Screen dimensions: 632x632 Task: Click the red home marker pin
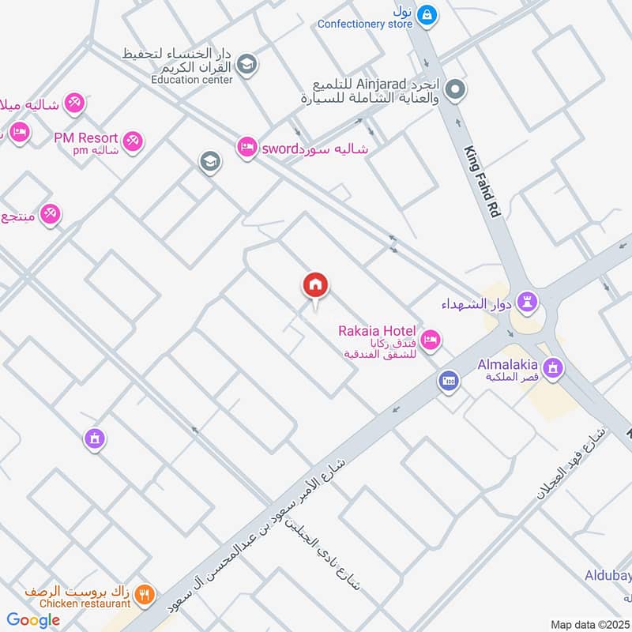(x=315, y=285)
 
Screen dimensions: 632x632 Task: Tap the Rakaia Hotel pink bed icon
(x=431, y=340)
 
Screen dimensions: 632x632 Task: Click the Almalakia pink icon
(x=554, y=367)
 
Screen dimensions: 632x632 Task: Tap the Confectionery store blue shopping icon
(x=427, y=13)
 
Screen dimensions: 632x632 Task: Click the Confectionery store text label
(x=365, y=24)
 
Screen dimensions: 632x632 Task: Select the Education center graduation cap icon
(x=247, y=64)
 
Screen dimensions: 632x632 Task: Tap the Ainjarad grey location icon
(x=454, y=91)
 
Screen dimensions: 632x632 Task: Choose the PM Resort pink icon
(x=132, y=141)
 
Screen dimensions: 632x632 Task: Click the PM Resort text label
(x=85, y=137)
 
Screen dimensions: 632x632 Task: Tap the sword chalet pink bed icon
(x=247, y=148)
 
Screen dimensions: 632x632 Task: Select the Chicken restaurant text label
(x=84, y=604)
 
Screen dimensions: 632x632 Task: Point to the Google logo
(x=33, y=620)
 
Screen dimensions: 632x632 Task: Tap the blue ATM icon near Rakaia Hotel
(x=449, y=381)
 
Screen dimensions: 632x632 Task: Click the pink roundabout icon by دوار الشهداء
(x=529, y=301)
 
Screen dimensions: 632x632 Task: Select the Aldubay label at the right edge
(x=608, y=576)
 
